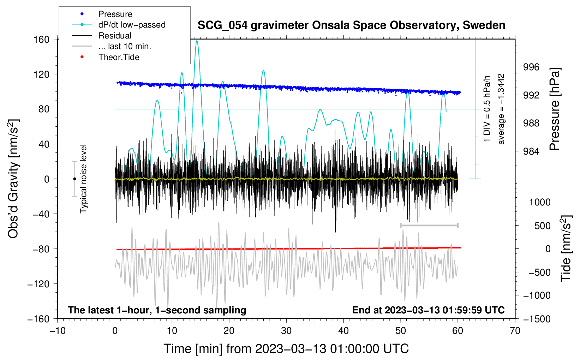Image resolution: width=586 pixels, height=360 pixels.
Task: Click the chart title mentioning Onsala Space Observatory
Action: pos(351,25)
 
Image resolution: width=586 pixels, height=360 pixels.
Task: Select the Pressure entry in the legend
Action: pos(115,14)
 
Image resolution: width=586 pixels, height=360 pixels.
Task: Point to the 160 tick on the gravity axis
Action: pos(42,40)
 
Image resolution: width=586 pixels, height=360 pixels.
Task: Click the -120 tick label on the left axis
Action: pos(38,284)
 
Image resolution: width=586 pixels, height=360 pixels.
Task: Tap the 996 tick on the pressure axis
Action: pos(531,67)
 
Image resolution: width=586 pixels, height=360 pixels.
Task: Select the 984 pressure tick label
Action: pos(531,151)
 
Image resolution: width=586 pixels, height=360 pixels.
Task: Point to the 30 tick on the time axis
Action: pos(286,331)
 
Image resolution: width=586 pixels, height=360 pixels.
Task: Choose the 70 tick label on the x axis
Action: pos(515,331)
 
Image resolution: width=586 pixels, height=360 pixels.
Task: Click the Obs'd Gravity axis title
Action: pos(13,179)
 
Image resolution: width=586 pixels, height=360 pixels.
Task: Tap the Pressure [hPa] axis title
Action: pos(554,109)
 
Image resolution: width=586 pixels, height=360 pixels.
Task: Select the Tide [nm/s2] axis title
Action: pos(566,248)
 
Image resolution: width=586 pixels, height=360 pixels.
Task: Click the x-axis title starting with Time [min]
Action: pos(286,349)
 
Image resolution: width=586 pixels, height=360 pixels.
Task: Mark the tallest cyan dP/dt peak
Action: pos(197,41)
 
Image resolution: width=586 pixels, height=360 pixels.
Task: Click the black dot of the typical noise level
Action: pos(74,179)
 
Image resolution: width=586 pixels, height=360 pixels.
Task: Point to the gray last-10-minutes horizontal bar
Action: pos(429,225)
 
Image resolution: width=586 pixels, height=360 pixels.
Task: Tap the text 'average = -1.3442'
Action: pos(501,109)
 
